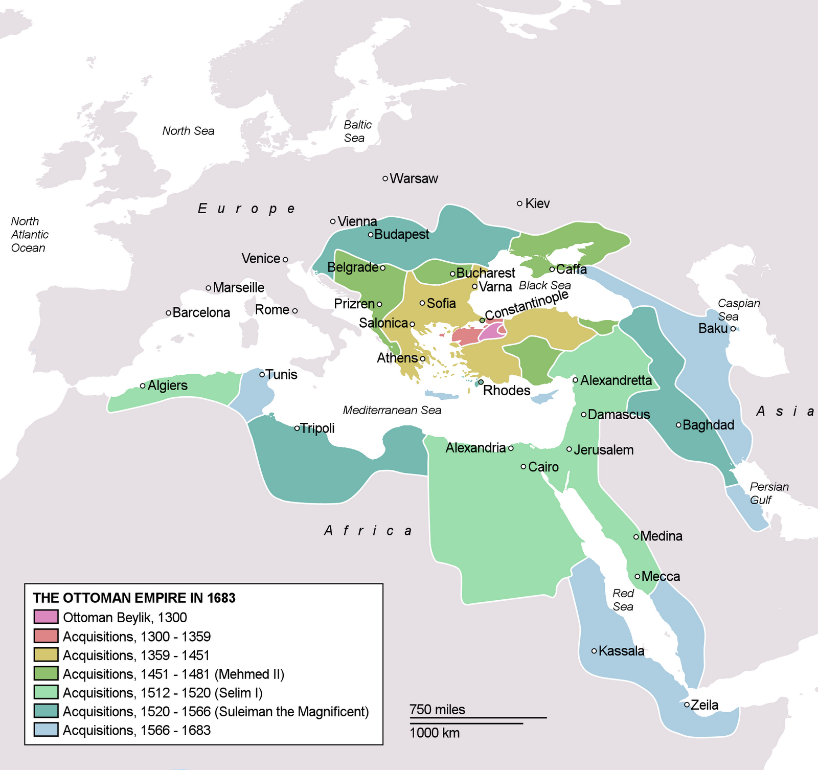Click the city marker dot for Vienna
point(333,221)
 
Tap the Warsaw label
point(414,179)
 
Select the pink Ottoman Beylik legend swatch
point(46,617)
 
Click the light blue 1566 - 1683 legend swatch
point(46,730)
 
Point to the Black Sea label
point(544,285)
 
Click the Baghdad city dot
point(678,425)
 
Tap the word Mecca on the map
point(661,577)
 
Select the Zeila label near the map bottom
point(705,706)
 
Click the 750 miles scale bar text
point(437,710)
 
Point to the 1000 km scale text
point(435,733)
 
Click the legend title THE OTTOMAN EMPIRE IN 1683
point(134,598)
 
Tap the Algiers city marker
point(143,386)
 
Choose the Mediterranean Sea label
point(392,411)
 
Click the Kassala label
point(621,651)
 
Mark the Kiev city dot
point(519,203)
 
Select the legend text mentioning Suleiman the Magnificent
point(215,712)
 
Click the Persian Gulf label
point(768,493)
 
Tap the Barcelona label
point(201,313)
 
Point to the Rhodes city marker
point(481,382)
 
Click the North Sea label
point(188,131)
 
